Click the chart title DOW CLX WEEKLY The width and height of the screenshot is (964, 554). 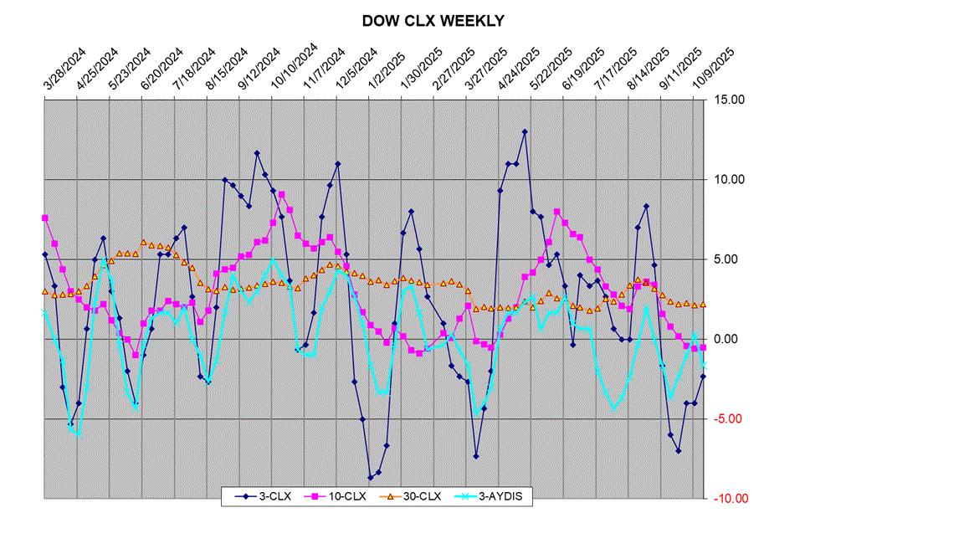[433, 21]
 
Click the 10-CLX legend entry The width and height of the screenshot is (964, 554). [341, 496]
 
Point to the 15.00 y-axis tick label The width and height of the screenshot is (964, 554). [730, 100]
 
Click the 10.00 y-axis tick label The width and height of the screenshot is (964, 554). [730, 179]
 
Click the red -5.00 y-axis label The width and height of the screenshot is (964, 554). [731, 419]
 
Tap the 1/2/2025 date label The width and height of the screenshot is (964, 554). [388, 69]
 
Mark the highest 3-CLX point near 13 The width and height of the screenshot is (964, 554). [525, 131]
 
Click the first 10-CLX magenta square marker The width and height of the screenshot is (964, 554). [44, 218]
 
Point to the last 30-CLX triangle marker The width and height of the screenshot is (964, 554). [704, 305]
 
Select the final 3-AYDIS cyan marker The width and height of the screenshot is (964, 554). [704, 365]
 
